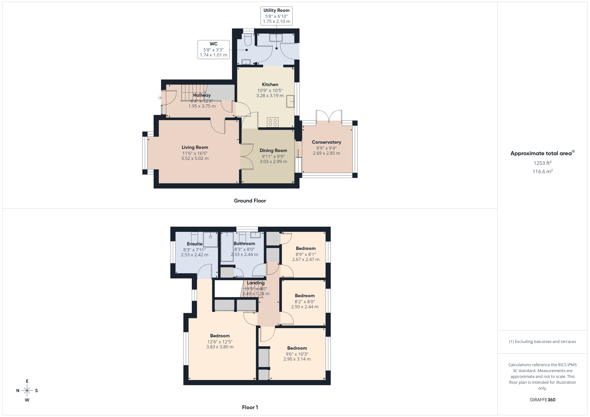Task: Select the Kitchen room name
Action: [x=270, y=85]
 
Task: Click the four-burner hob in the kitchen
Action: [x=273, y=122]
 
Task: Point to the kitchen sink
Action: [x=290, y=101]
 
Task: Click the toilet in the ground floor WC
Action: [x=248, y=40]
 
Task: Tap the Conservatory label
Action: [x=326, y=142]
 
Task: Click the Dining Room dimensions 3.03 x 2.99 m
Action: [x=273, y=162]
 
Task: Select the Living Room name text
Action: [x=195, y=147]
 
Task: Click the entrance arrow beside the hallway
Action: [x=159, y=98]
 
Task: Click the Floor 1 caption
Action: [x=250, y=407]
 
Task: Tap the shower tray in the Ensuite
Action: [x=210, y=239]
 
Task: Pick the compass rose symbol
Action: [x=27, y=391]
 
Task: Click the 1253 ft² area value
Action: [x=542, y=163]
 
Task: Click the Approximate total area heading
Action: [x=541, y=154]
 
